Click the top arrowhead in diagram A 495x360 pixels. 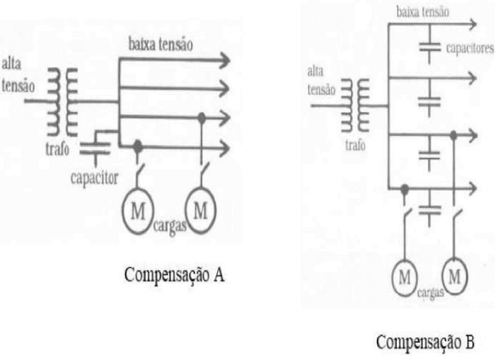[x=224, y=61]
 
